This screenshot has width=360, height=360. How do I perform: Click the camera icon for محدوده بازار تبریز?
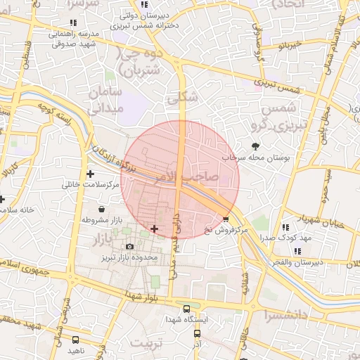tap(129, 246)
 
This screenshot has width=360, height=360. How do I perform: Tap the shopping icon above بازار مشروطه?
tap(102, 209)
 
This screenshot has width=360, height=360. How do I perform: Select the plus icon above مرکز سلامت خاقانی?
tap(90, 173)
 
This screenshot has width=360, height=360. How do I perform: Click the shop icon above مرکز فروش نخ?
tap(226, 219)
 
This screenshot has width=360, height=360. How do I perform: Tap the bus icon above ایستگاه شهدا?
tap(186, 308)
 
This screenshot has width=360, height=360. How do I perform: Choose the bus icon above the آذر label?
tap(196, 336)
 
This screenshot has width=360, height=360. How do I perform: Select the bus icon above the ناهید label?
tap(75, 340)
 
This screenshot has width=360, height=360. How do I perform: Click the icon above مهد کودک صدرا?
tap(285, 226)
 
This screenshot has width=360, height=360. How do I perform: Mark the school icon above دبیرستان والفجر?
tap(298, 251)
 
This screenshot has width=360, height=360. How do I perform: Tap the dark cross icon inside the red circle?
tap(155, 229)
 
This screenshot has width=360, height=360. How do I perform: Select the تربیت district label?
tap(148, 342)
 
